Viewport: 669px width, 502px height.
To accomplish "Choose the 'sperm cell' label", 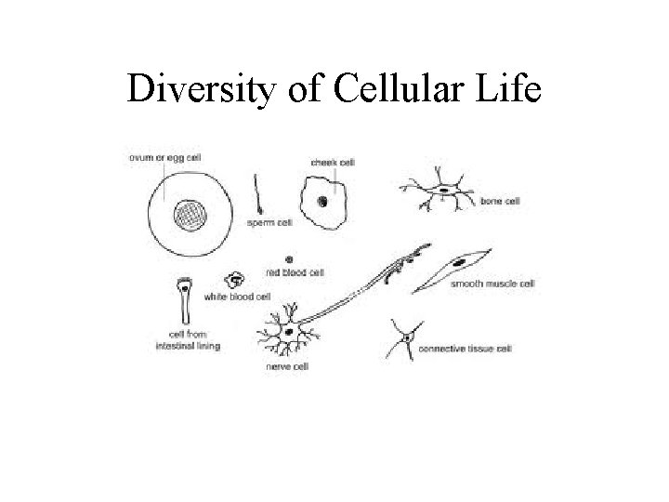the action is pos(270,223).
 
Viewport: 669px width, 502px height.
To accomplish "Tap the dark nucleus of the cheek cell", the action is pos(322,200).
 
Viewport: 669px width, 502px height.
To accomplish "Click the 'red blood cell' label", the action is pos(295,272).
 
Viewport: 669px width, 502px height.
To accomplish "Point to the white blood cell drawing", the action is pos(236,280).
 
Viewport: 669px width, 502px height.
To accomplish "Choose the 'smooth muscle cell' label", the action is pos(492,284).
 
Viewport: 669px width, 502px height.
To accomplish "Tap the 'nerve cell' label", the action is pos(288,367).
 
